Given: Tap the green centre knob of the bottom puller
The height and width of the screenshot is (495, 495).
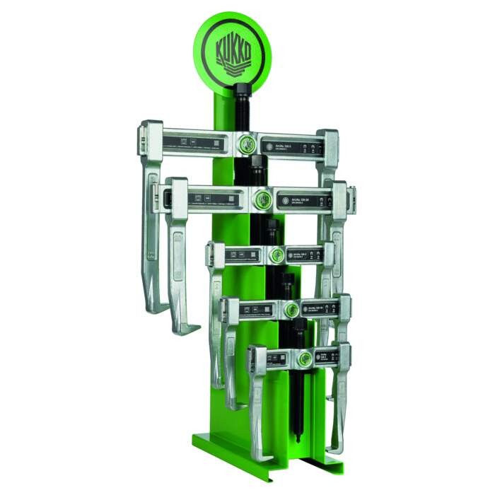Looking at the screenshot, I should click(x=303, y=358).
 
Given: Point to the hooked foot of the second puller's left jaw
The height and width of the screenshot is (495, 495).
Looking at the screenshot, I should click(x=185, y=328).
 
